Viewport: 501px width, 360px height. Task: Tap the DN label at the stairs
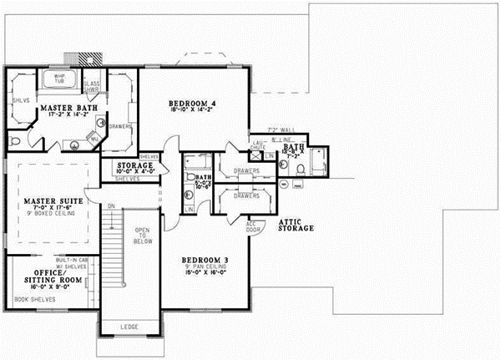coord(110,205)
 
